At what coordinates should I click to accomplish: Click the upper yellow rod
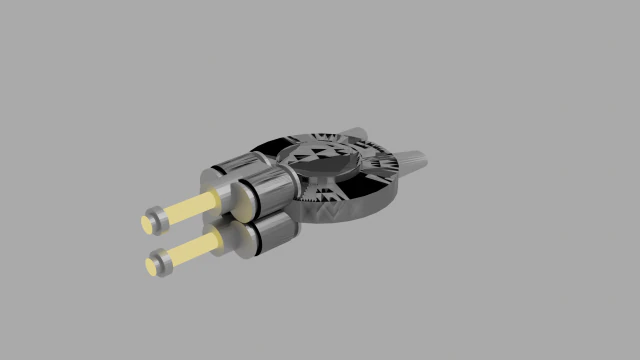pyautogui.click(x=190, y=208)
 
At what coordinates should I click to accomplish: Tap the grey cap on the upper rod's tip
pyautogui.click(x=158, y=217)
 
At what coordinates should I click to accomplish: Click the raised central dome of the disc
pyautogui.click(x=318, y=156)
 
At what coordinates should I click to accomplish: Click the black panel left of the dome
pyautogui.click(x=268, y=153)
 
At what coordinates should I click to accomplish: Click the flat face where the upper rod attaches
pyautogui.click(x=221, y=197)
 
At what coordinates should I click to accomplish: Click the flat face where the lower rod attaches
pyautogui.click(x=225, y=239)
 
